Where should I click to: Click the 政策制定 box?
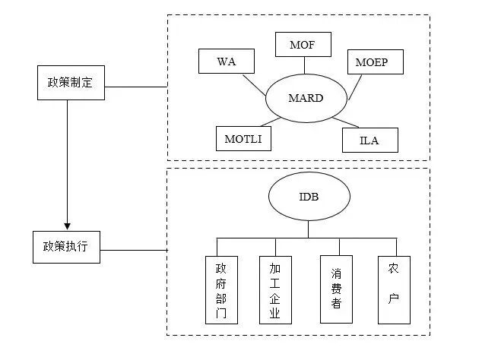click(67, 83)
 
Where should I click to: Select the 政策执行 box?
click(67, 246)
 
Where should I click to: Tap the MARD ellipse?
click(306, 99)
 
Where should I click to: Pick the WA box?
click(227, 62)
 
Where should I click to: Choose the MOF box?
click(302, 45)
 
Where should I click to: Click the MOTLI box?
click(243, 139)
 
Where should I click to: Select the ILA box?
click(369, 141)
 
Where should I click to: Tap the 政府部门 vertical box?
click(221, 290)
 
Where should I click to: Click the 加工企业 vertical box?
click(275, 290)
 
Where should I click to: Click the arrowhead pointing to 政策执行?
click(67, 225)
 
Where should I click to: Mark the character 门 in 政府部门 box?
click(221, 313)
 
